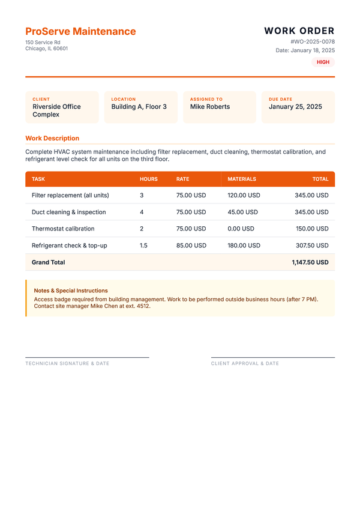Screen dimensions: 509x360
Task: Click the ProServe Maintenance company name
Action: click(x=80, y=31)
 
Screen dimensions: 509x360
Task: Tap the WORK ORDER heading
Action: click(x=299, y=31)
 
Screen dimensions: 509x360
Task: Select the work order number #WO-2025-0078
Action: click(x=312, y=42)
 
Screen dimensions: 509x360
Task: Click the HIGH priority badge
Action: click(x=323, y=62)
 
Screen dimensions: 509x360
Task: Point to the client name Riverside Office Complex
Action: click(x=56, y=110)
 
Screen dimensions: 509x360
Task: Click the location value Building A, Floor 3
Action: click(x=139, y=107)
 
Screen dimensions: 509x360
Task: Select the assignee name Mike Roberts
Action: click(x=209, y=107)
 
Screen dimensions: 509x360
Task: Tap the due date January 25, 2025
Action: click(x=295, y=107)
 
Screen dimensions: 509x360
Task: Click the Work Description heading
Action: click(x=52, y=138)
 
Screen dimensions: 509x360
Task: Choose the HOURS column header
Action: click(x=149, y=179)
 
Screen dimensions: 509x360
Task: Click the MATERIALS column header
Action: click(x=242, y=179)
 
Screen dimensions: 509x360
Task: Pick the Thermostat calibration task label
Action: click(x=63, y=229)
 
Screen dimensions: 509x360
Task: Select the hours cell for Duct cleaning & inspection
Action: click(x=142, y=212)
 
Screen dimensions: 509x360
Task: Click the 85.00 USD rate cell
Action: click(x=191, y=245)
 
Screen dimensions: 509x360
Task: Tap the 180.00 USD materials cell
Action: click(x=244, y=245)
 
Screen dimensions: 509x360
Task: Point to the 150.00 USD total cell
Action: click(x=312, y=229)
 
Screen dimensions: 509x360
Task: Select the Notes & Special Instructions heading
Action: click(x=71, y=291)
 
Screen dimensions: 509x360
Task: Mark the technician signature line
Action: click(x=87, y=357)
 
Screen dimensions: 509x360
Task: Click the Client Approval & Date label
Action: click(x=245, y=364)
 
